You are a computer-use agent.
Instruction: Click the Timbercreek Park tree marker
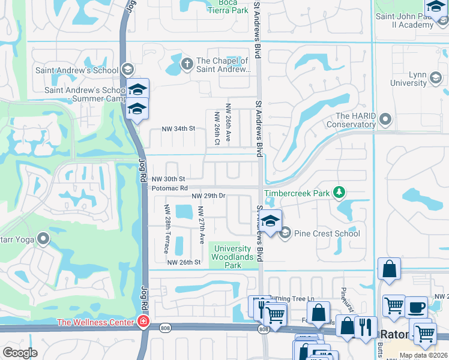(340, 193)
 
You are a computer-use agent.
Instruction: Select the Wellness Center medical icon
(143, 322)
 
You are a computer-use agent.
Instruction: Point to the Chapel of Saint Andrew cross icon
(187, 63)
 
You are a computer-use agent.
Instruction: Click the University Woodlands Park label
(232, 257)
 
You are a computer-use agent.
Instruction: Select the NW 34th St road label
(179, 128)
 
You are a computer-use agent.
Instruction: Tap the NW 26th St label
(183, 262)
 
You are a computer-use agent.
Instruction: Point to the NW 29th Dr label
(208, 196)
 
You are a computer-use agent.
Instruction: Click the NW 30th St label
(168, 179)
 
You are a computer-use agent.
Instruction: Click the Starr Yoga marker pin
(43, 239)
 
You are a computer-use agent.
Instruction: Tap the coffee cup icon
(416, 307)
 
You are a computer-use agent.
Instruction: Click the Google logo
(20, 353)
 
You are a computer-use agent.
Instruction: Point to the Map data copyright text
(423, 355)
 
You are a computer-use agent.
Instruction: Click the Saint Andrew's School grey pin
(127, 70)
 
